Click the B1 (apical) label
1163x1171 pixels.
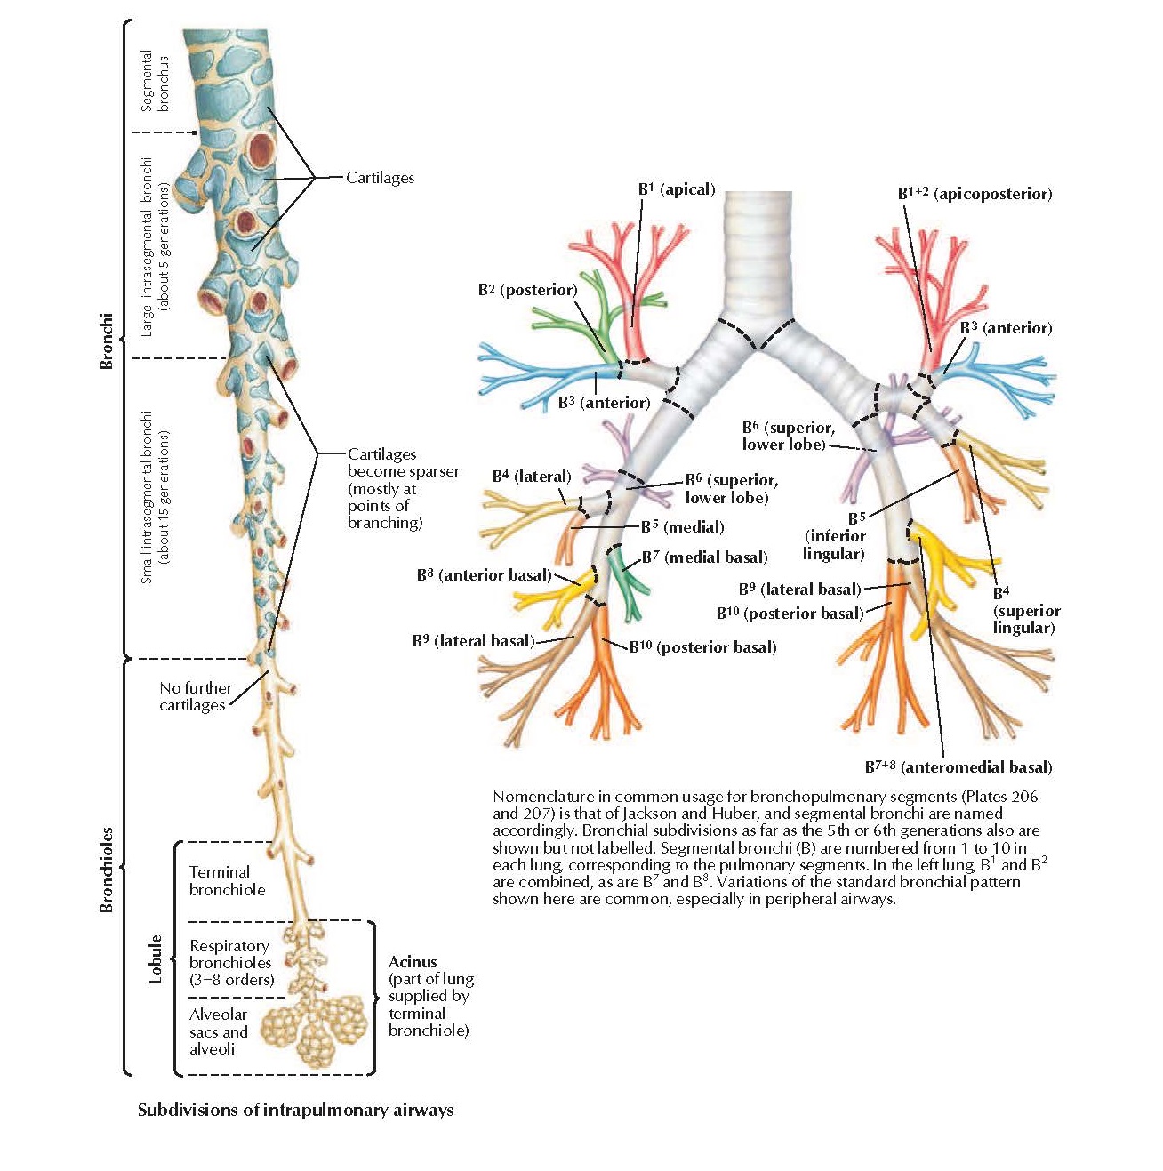pyautogui.click(x=676, y=189)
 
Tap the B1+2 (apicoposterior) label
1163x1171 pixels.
pyautogui.click(x=975, y=194)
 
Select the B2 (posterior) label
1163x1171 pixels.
pyautogui.click(x=527, y=290)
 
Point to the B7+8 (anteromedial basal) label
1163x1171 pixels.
pyautogui.click(x=958, y=766)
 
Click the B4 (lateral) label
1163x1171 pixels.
pyautogui.click(x=532, y=477)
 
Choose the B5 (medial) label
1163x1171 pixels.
pyautogui.click(x=682, y=527)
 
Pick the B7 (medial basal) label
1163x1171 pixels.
pyautogui.click(x=704, y=557)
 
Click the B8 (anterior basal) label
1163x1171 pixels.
pyautogui.click(x=484, y=575)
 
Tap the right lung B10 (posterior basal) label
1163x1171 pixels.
pyautogui.click(x=702, y=647)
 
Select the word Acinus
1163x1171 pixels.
pyautogui.click(x=413, y=962)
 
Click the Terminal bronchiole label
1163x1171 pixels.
pyautogui.click(x=227, y=881)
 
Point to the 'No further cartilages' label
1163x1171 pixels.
pyautogui.click(x=195, y=696)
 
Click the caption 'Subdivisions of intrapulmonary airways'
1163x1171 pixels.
pyautogui.click(x=295, y=1110)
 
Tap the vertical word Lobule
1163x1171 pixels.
pyautogui.click(x=156, y=958)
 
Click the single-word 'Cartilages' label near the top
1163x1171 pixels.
pyautogui.click(x=380, y=178)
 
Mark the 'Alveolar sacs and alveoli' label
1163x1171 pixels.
pyautogui.click(x=219, y=1031)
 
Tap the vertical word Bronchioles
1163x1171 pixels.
pyautogui.click(x=107, y=869)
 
